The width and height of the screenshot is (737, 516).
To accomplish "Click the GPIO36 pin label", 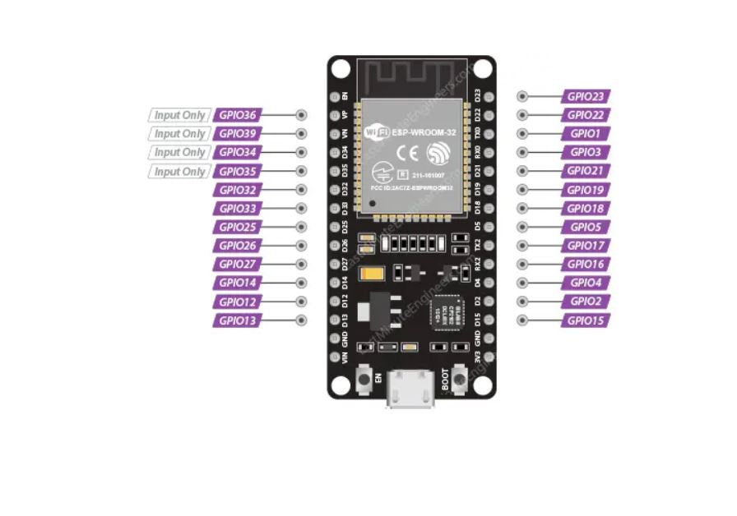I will pos(238,115).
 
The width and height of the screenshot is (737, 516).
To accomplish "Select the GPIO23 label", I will pos(586,96).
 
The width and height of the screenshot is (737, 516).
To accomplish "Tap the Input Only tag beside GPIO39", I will pos(179,134).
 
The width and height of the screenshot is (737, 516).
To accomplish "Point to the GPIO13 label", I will pos(238,320).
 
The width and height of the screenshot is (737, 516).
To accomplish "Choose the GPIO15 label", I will pos(586,320).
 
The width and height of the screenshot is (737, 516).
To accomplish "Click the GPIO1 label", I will pos(586,133).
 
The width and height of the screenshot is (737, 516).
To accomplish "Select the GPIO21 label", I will pos(586,171).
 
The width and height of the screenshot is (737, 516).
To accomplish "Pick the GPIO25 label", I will pos(238,227).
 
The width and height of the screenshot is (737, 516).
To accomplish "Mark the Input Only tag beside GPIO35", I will pos(179,172).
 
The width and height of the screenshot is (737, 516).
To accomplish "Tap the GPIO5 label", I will pos(586,227).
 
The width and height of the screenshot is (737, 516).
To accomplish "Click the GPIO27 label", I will pos(238,265).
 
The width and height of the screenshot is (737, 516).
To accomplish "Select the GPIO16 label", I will pos(586,265).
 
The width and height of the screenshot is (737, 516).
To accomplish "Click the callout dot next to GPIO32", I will pos(302,190).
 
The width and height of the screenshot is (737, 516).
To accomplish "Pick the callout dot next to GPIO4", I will pos(522,283).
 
